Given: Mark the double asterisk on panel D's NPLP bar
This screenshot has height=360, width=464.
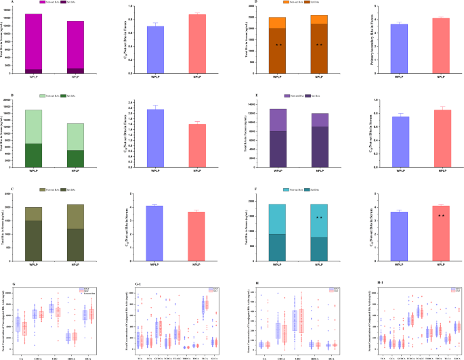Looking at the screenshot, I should coord(319,45).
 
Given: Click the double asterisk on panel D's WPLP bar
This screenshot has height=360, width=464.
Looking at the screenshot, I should coord(278,45).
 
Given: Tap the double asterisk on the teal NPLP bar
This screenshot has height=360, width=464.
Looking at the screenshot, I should coord(319,218).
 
